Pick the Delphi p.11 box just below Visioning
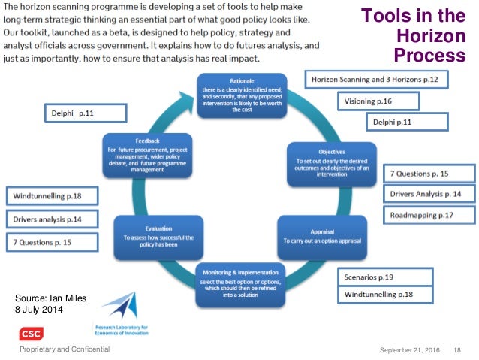(406, 122)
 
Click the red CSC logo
(31, 334)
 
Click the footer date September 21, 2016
(410, 350)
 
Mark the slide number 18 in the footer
(456, 350)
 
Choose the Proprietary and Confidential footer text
(65, 350)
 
